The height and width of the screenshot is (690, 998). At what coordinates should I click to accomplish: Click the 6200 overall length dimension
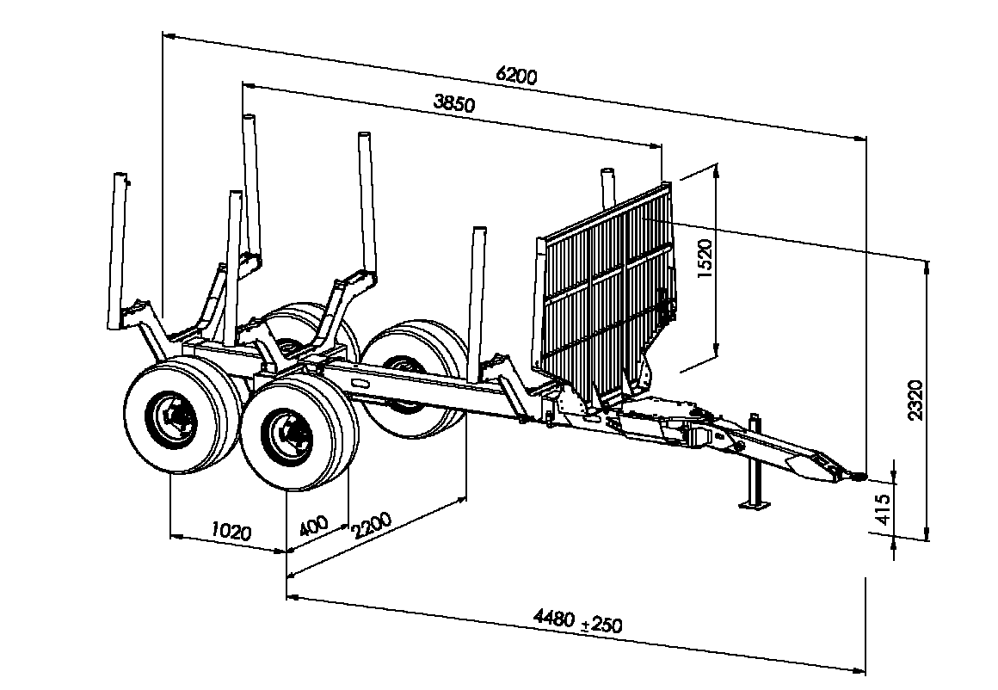pyautogui.click(x=516, y=75)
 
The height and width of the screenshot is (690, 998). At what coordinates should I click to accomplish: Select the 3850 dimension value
pyautogui.click(x=453, y=102)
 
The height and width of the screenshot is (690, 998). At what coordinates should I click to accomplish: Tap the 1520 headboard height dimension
pyautogui.click(x=705, y=258)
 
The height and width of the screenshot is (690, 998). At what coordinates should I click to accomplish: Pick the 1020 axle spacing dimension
pyautogui.click(x=231, y=531)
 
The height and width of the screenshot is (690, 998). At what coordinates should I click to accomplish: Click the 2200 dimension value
pyautogui.click(x=371, y=525)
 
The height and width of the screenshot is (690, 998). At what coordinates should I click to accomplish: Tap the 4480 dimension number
pyautogui.click(x=554, y=617)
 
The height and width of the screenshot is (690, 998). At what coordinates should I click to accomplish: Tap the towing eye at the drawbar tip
pyautogui.click(x=857, y=476)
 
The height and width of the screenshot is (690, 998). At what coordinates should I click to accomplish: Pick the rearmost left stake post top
pyautogui.click(x=120, y=176)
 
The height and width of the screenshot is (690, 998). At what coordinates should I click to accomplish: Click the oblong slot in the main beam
pyautogui.click(x=360, y=383)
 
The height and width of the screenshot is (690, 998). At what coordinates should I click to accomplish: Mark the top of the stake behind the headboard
pyautogui.click(x=608, y=172)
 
